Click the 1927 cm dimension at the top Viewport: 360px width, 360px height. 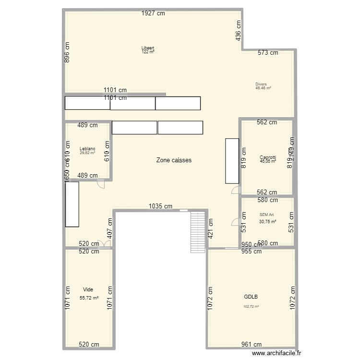pyautogui.click(x=153, y=13)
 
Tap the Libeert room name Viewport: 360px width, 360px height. pyautogui.click(x=147, y=48)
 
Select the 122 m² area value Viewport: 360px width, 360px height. pyautogui.click(x=148, y=52)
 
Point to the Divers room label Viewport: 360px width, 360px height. pyautogui.click(x=261, y=84)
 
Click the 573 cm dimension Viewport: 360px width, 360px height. pyautogui.click(x=267, y=53)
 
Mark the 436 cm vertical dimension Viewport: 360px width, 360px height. pyautogui.click(x=238, y=30)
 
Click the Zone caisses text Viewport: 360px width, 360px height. pyautogui.click(x=174, y=160)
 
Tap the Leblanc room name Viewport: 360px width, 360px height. pyautogui.click(x=87, y=149)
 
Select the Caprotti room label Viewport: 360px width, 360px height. pyautogui.click(x=267, y=157)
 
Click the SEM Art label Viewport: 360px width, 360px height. pyautogui.click(x=266, y=215)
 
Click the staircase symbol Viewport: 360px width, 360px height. pyautogui.click(x=198, y=232)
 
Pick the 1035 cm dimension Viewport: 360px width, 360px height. pyautogui.click(x=160, y=206)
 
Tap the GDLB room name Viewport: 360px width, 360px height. pyautogui.click(x=251, y=297)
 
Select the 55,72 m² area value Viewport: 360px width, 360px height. pyautogui.click(x=89, y=298)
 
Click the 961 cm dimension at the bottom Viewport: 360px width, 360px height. pyautogui.click(x=251, y=344)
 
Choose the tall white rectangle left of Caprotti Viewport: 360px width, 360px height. pyautogui.click(x=232, y=161)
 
